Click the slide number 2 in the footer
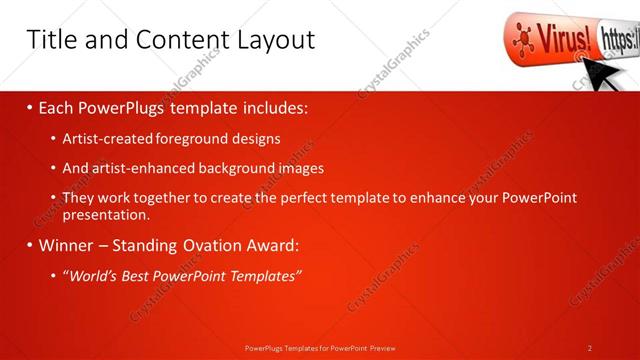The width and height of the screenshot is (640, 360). [x=590, y=348]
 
